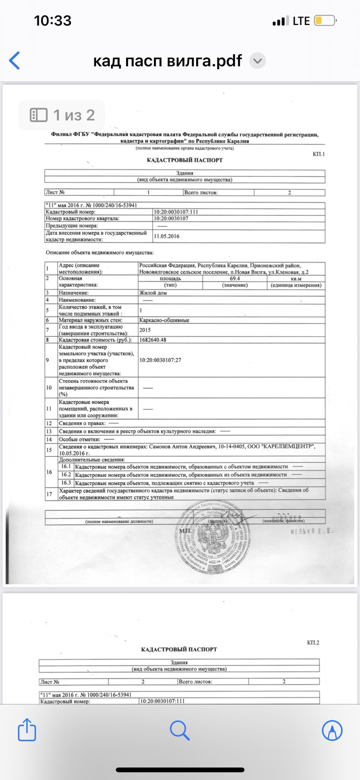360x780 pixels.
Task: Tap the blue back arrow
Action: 15,61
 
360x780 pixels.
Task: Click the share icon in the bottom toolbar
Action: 27,730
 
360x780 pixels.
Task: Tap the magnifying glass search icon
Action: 179,730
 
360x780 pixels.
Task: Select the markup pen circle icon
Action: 332,730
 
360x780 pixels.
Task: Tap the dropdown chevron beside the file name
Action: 257,61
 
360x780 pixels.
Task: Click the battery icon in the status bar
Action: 325,21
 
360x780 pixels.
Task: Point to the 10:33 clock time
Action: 53,21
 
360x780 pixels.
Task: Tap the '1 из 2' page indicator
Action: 62,115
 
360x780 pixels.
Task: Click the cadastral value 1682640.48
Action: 153,340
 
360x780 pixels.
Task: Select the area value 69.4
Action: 235,279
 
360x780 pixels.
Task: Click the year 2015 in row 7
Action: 145,330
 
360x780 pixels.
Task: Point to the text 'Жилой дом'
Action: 153,293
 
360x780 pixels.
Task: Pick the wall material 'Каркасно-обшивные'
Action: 164,320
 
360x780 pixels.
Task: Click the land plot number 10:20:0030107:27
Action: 160,360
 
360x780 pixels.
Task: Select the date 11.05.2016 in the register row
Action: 167,236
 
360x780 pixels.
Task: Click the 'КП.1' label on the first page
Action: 319,154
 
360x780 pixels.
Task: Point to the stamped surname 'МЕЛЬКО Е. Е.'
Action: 312,531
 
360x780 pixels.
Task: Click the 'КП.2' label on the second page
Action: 313,643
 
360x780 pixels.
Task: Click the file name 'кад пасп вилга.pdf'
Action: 167,61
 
